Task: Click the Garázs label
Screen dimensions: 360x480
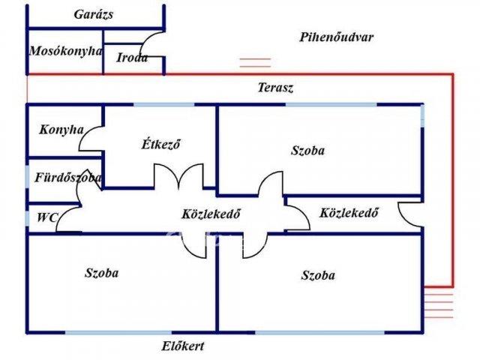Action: point(94,14)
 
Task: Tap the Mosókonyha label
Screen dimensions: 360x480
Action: point(65,51)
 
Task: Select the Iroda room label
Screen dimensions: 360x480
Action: point(132,57)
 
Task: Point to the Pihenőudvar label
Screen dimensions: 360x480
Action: point(336,37)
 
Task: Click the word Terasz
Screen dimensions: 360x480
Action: point(275,88)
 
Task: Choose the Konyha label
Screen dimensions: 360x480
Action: point(61,129)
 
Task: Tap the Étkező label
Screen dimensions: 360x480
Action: point(162,144)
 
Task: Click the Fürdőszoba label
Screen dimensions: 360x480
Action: point(68,178)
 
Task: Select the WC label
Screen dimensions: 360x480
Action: point(47,218)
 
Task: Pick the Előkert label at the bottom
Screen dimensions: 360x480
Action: point(183,346)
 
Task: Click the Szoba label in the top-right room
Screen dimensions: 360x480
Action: point(307,150)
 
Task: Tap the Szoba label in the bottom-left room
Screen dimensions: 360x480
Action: point(101,273)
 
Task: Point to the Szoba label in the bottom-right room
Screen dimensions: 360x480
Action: point(318,275)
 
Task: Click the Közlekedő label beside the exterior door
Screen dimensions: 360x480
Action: point(349,212)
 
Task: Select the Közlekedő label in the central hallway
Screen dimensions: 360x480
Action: point(211,213)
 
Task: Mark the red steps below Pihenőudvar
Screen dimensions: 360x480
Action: point(254,63)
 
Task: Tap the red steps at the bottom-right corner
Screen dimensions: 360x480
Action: point(438,304)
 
